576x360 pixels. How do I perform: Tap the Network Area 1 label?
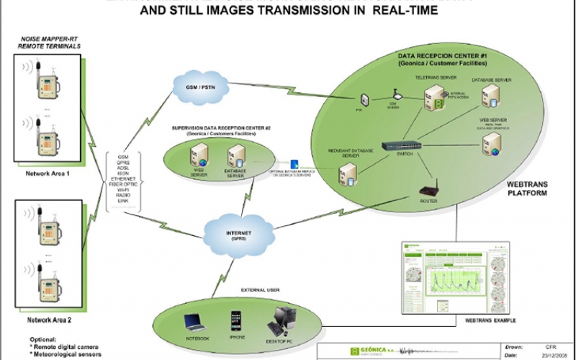point(48,174)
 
